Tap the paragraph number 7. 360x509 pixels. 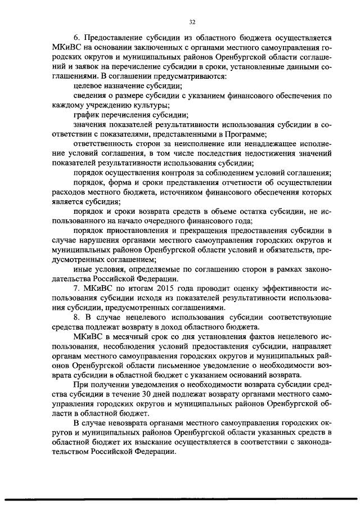pyautogui.click(x=76, y=288)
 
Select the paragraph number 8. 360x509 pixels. pyautogui.click(x=76, y=317)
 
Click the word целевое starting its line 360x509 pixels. pyautogui.click(x=89, y=85)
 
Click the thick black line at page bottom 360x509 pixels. pyautogui.click(x=180, y=499)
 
